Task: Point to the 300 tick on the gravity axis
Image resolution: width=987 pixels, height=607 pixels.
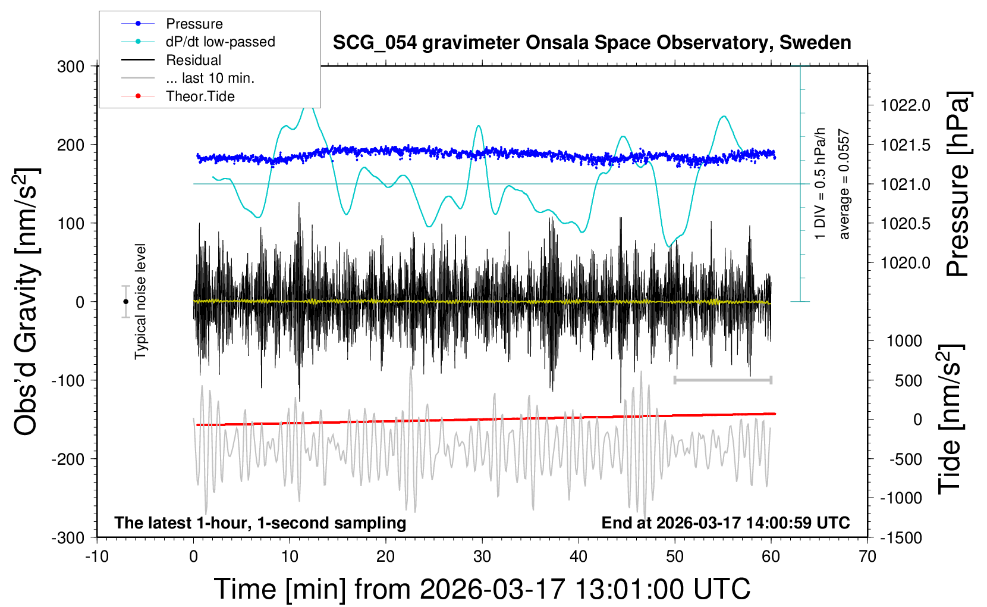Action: point(71,67)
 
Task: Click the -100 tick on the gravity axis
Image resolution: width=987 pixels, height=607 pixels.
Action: point(68,380)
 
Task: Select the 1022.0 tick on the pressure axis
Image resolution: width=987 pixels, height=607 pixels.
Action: point(906,105)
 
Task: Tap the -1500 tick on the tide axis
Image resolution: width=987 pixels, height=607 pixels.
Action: point(901,537)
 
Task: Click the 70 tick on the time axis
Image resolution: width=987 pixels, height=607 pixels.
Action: point(867,556)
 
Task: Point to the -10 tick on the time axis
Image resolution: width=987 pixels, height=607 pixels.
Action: point(97,556)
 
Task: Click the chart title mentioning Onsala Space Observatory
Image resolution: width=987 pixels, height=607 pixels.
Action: point(592,43)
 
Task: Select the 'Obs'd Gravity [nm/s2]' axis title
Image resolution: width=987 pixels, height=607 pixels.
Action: point(27,302)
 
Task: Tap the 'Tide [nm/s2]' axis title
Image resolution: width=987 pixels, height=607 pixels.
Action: point(950,419)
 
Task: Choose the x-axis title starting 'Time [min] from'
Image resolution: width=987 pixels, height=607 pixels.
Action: point(482,589)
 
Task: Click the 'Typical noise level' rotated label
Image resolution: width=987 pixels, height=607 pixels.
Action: point(140,301)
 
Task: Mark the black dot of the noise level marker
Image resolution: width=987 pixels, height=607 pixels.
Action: point(125,302)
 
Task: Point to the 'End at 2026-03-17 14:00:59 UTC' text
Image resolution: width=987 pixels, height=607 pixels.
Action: point(725,522)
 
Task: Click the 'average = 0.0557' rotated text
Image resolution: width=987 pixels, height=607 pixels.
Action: point(844,184)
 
